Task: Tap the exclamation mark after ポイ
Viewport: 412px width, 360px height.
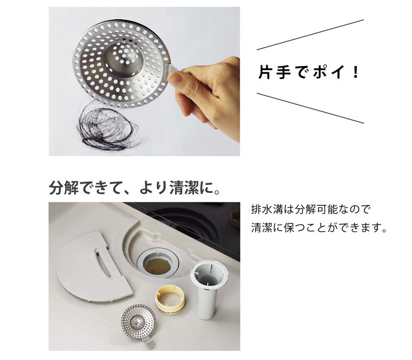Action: click(356, 72)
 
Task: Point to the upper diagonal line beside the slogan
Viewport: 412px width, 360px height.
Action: click(310, 34)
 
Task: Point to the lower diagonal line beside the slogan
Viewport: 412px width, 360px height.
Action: click(310, 108)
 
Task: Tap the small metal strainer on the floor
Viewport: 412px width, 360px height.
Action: click(139, 322)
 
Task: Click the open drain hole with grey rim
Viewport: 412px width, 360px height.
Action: click(157, 263)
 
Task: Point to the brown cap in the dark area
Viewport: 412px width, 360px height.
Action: click(235, 219)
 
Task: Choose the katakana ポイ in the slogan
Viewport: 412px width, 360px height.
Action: click(329, 72)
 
